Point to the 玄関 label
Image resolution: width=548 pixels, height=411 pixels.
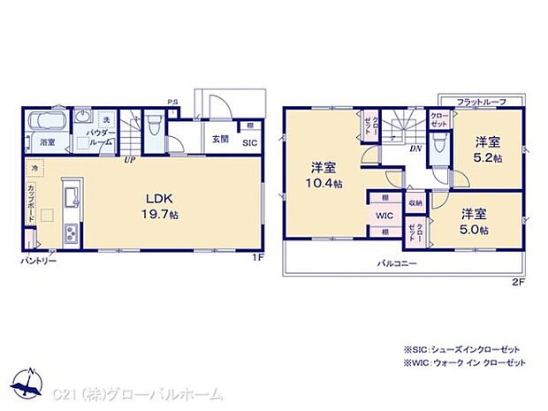(x=220, y=139)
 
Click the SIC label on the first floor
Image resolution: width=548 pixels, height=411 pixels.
(x=249, y=142)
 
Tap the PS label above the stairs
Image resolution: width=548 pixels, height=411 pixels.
(x=173, y=102)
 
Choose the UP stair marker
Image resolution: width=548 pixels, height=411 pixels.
(x=130, y=160)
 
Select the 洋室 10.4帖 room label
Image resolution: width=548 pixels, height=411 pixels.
(x=323, y=173)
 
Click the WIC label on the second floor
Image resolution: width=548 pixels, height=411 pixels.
(x=384, y=214)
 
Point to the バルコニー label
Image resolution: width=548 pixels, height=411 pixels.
(x=399, y=263)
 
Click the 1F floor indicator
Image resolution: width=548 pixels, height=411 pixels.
(x=257, y=256)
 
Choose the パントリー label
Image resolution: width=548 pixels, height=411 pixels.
(x=39, y=261)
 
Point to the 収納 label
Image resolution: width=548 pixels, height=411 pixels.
(x=415, y=203)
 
